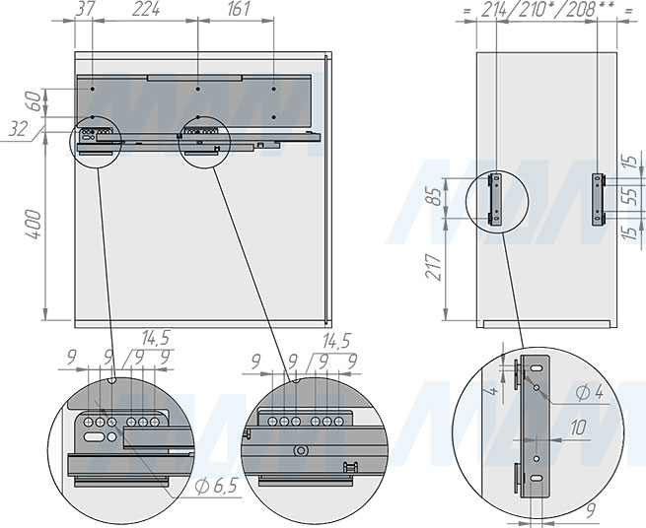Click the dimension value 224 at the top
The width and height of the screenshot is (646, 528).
pos(146,9)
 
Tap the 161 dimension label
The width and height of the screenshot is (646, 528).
pos(239,9)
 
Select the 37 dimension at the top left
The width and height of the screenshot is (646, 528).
pos(85,9)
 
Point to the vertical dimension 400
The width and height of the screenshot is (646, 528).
pos(35,225)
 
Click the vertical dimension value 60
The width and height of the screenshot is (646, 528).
pos(36,101)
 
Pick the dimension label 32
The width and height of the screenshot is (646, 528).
pos(19,130)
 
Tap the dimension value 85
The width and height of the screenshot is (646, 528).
pos(436,196)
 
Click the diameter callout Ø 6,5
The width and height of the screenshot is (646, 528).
pos(216,487)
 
